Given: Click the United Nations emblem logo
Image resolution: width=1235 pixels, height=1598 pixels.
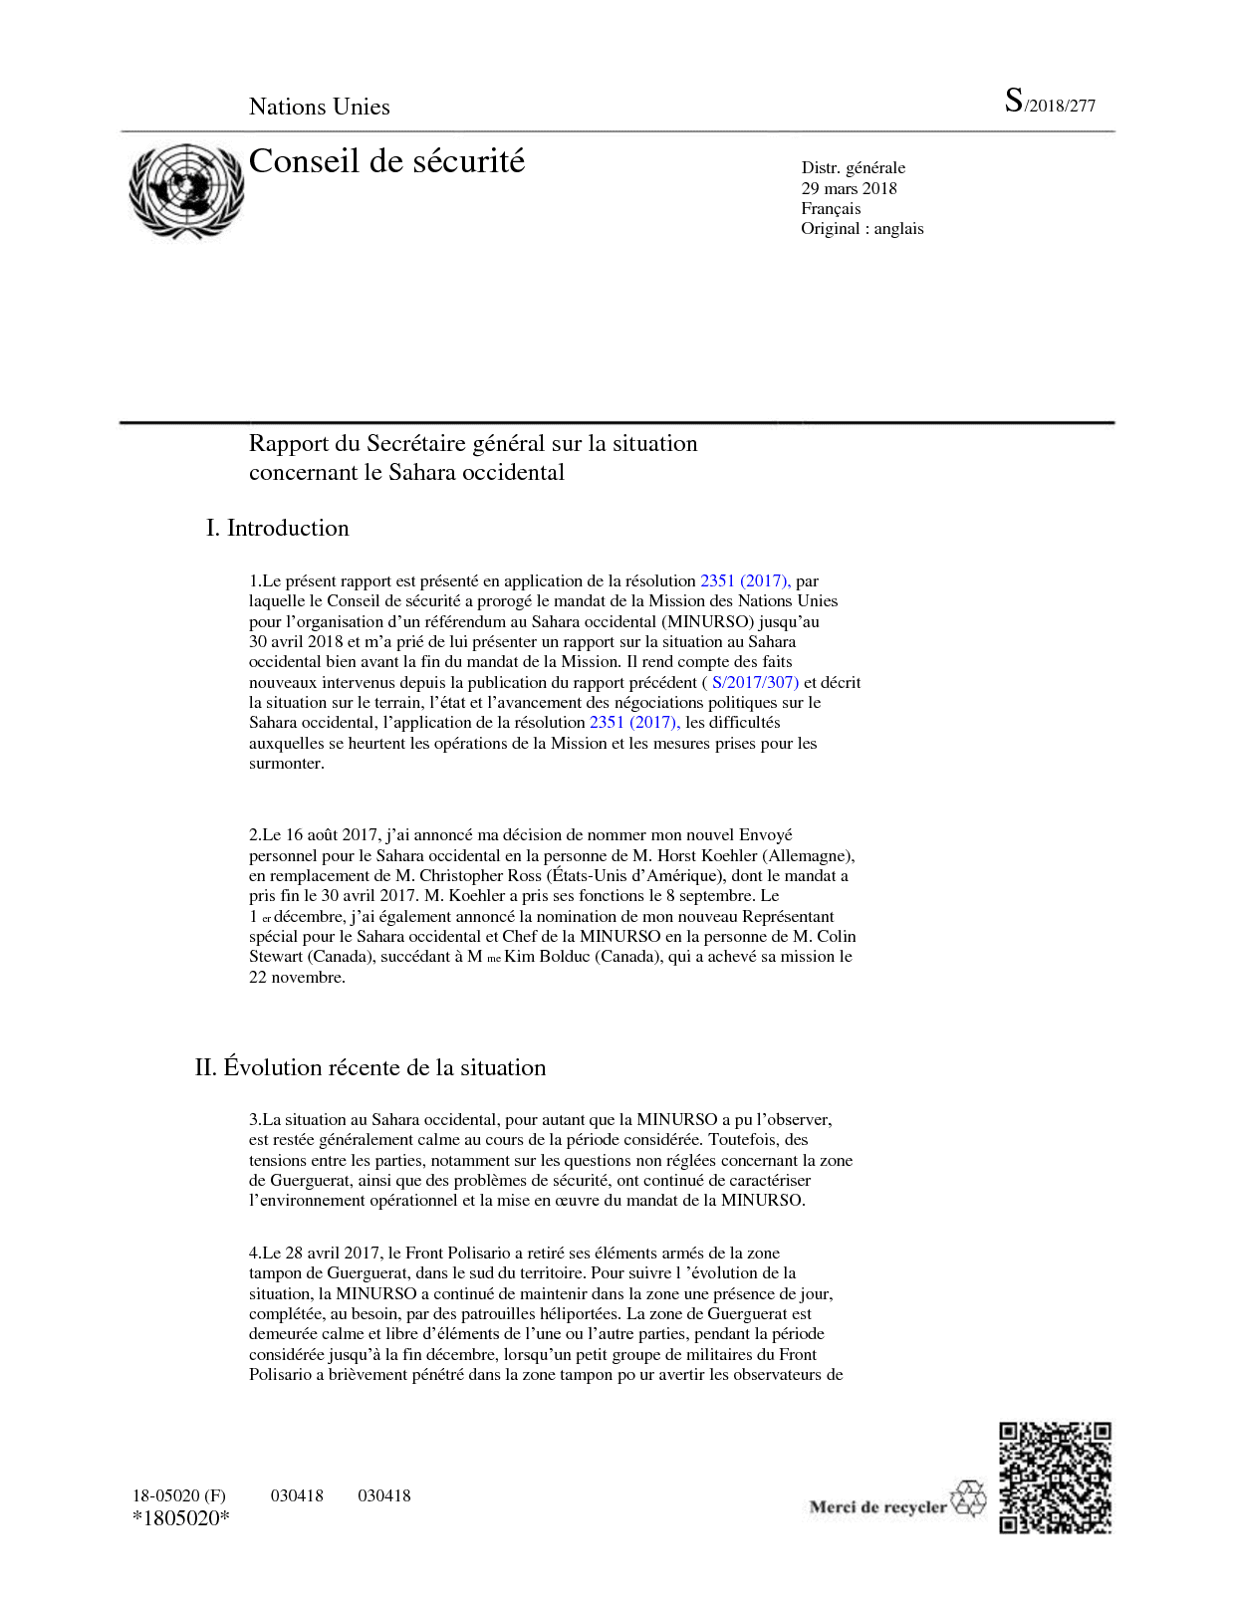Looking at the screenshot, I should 186,190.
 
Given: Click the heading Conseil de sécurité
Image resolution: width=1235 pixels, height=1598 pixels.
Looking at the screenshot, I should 386,161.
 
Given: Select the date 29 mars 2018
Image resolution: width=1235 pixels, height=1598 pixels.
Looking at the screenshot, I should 849,188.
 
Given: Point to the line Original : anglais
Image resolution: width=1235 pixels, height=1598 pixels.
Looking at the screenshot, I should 862,229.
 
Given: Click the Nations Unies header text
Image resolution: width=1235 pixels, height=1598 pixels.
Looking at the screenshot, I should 319,108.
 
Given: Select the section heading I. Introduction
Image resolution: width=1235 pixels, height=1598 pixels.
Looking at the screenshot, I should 278,528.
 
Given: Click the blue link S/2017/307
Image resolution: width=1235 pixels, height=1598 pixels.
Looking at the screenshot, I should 755,683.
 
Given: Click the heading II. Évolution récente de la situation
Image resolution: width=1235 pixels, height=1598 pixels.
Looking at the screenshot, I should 370,1067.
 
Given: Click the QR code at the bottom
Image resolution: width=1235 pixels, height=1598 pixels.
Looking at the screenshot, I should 1055,1478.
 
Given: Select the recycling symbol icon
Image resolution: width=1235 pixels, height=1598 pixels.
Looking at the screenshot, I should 967,1499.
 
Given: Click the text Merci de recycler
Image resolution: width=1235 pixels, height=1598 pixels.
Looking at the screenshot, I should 877,1507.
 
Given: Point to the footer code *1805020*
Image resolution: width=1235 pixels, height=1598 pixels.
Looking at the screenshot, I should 180,1519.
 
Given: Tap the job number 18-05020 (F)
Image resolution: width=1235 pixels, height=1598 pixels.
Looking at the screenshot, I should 179,1495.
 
